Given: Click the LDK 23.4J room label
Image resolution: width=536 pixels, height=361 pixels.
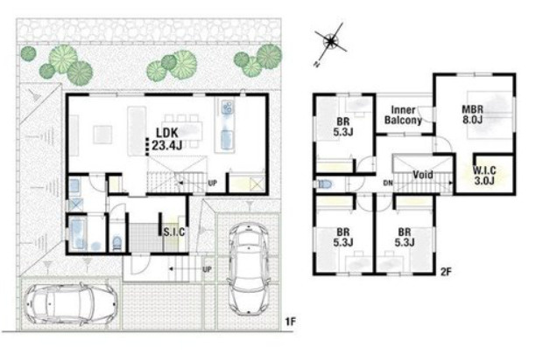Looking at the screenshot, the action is pyautogui.click(x=166, y=139).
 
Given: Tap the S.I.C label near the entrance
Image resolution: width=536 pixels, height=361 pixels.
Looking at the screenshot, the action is pyautogui.click(x=174, y=233).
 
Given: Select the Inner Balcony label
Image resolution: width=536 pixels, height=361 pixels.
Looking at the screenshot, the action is pyautogui.click(x=403, y=115).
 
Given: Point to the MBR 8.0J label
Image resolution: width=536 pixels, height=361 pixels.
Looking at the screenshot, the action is pyautogui.click(x=472, y=115).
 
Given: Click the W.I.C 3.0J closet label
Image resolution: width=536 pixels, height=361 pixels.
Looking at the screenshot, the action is pyautogui.click(x=484, y=175).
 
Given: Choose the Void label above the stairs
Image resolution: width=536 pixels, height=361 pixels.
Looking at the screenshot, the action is pyautogui.click(x=423, y=175).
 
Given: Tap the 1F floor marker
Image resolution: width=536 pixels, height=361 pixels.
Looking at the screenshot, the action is pyautogui.click(x=290, y=322).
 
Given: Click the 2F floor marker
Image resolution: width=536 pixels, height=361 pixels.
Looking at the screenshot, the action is pyautogui.click(x=446, y=272).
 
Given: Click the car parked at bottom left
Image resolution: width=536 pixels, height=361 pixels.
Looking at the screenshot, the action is pyautogui.click(x=70, y=303).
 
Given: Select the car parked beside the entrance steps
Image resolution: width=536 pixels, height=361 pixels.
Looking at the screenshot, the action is pyautogui.click(x=248, y=268).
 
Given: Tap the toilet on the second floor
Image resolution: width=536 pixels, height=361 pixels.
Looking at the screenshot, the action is pyautogui.click(x=325, y=184).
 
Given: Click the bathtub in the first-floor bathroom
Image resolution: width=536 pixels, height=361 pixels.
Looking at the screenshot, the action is pyautogui.click(x=78, y=233).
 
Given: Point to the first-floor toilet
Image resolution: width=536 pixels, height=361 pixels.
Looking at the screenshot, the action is pyautogui.click(x=116, y=242).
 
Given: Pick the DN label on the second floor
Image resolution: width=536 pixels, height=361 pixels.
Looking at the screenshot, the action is pyautogui.click(x=388, y=184).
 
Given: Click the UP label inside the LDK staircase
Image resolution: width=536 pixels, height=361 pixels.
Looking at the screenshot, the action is pyautogui.click(x=213, y=184).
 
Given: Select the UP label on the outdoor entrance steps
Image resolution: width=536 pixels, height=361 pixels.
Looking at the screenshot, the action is pyautogui.click(x=208, y=269).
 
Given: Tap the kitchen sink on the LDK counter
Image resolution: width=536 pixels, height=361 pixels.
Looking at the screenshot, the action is pyautogui.click(x=227, y=108).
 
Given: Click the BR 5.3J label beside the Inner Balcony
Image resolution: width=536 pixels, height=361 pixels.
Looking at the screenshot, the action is pyautogui.click(x=342, y=127).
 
